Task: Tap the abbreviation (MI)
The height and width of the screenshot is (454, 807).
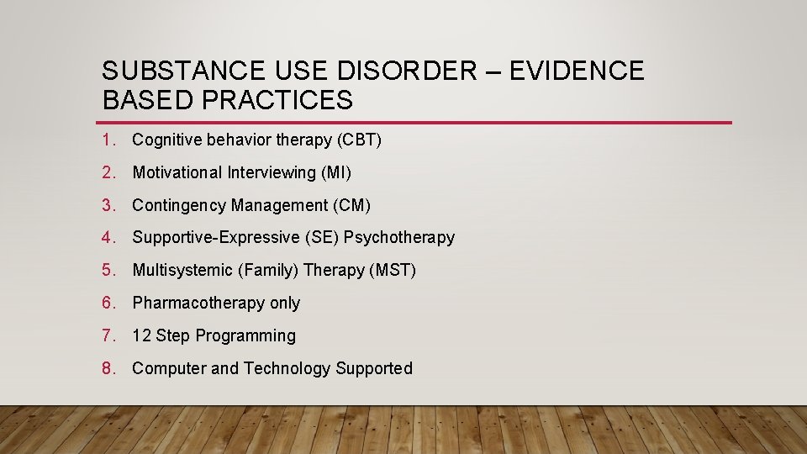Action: (x=335, y=173)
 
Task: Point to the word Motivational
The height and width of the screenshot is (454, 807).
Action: (x=177, y=173)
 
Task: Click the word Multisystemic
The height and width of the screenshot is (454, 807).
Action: (x=183, y=271)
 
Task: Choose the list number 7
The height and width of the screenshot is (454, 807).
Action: (x=107, y=335)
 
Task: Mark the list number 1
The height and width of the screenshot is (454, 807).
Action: (x=107, y=140)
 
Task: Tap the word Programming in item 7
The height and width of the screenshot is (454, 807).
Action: (x=245, y=336)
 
